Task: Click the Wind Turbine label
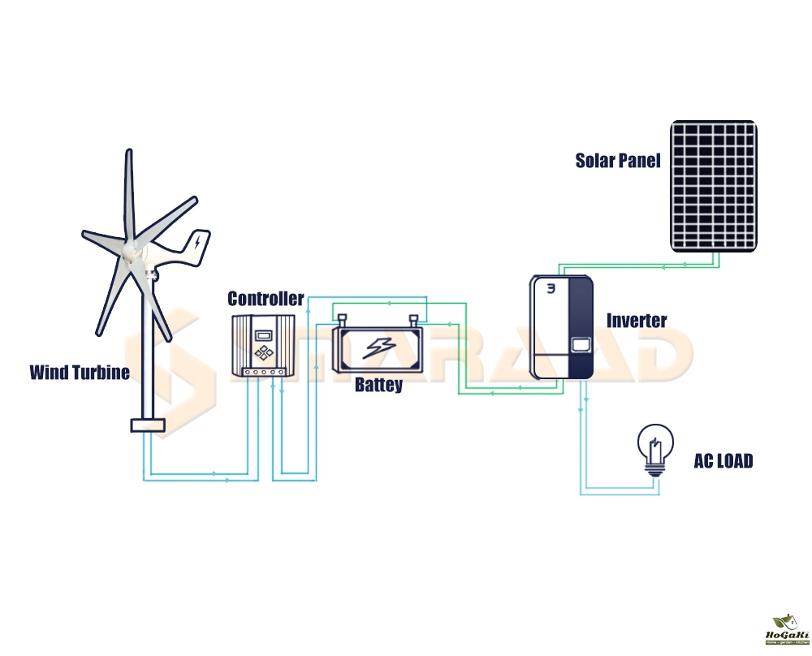79,373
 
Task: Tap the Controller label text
266,299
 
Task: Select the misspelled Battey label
378,385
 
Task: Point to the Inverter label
637,320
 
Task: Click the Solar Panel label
618,160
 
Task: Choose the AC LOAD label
723,461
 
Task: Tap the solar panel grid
714,185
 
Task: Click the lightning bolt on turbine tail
197,241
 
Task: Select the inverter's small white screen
580,344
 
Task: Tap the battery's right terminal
415,319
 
